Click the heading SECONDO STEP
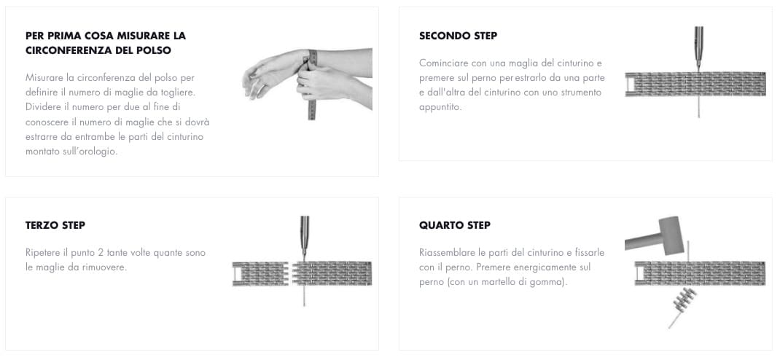458,36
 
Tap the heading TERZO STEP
55,225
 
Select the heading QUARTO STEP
455,225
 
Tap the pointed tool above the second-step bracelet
699,48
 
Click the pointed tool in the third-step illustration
305,237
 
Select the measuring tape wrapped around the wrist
313,85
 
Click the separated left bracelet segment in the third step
260,273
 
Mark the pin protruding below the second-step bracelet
699,107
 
